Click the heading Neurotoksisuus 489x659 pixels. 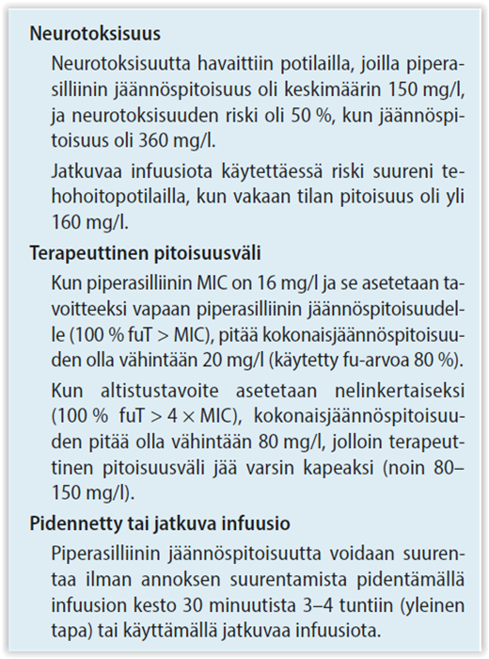coord(95,35)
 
